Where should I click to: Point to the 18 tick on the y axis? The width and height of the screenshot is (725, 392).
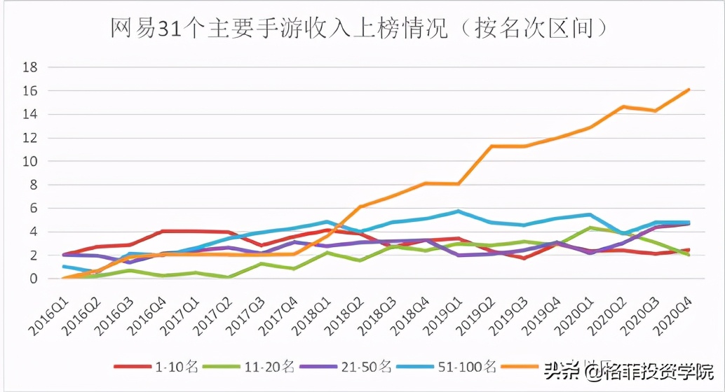pyautogui.click(x=31, y=68)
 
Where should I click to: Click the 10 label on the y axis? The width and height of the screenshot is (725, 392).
pyautogui.click(x=31, y=162)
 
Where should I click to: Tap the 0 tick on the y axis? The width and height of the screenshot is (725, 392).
pyautogui.click(x=34, y=279)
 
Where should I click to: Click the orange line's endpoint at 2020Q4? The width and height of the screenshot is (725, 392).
pyautogui.click(x=689, y=90)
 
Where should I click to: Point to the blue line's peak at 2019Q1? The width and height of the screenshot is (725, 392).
pyautogui.click(x=458, y=211)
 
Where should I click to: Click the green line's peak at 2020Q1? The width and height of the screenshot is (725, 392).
pyautogui.click(x=590, y=227)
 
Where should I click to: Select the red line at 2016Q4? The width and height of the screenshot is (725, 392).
pyautogui.click(x=163, y=231)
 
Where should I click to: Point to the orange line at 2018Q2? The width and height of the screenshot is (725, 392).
pyautogui.click(x=360, y=206)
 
